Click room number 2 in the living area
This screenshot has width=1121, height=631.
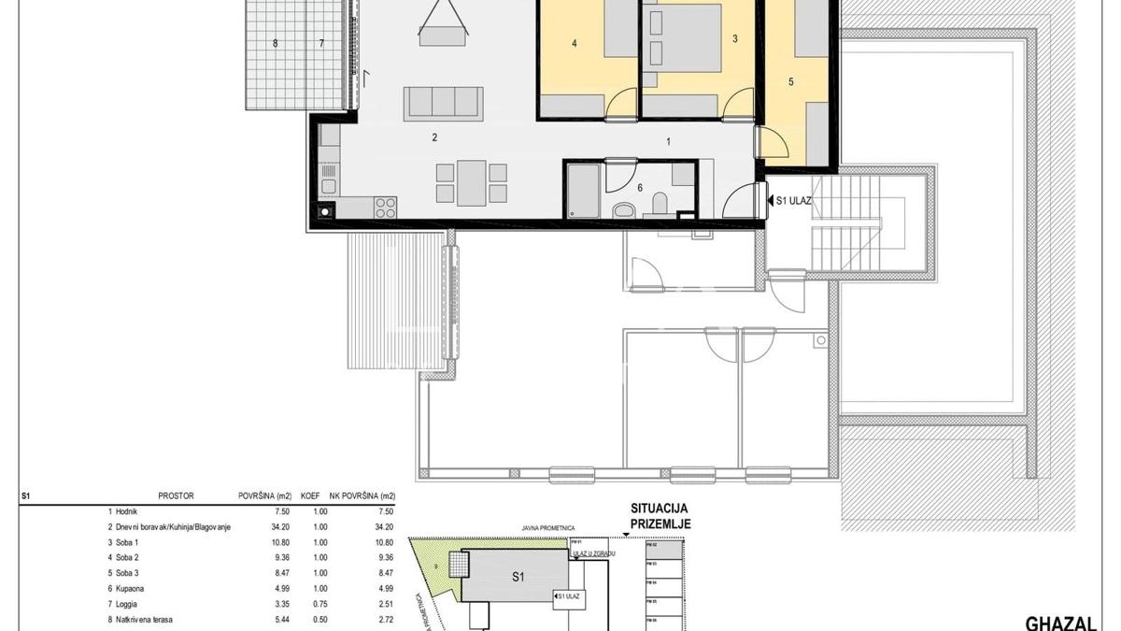[x=434, y=137]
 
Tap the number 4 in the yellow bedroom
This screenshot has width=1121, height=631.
[x=575, y=43]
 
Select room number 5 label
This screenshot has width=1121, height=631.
[x=790, y=82]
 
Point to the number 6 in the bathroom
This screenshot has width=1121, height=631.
[x=640, y=188]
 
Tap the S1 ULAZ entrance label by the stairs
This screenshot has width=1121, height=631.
[x=789, y=199]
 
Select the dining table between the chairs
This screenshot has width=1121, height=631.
[x=472, y=183]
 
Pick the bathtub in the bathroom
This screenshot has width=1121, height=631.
[x=583, y=192]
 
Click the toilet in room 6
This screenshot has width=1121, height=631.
[x=660, y=203]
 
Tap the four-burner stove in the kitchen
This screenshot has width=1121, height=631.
[x=386, y=207]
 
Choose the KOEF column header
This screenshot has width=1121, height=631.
[x=310, y=496]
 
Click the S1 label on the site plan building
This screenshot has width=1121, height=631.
[x=518, y=577]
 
